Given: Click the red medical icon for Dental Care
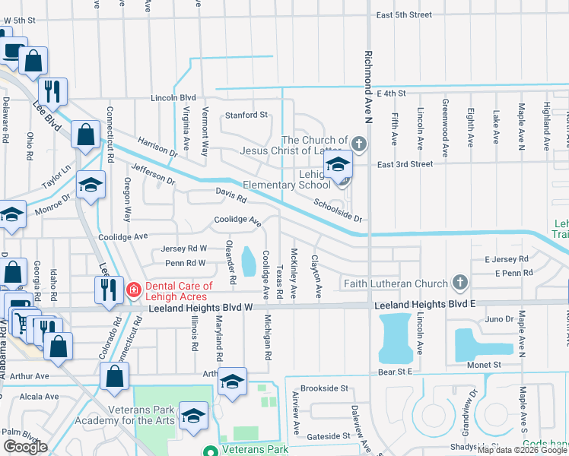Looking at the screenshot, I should (x=133, y=290).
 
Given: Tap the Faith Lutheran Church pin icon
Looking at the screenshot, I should (x=459, y=283).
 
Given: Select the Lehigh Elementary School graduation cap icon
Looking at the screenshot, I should (x=337, y=164).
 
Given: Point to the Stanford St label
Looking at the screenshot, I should (x=246, y=116).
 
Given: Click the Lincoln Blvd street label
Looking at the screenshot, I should (x=173, y=98).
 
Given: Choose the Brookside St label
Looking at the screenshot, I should (x=324, y=388).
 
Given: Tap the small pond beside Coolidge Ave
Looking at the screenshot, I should (x=249, y=262).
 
